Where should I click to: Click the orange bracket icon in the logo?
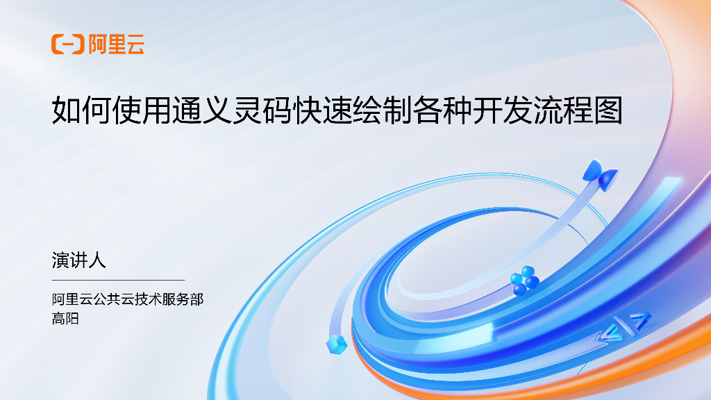point(67,44)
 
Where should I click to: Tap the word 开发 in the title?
point(502,110)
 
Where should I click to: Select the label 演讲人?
point(78,260)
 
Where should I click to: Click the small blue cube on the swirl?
point(337,343)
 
